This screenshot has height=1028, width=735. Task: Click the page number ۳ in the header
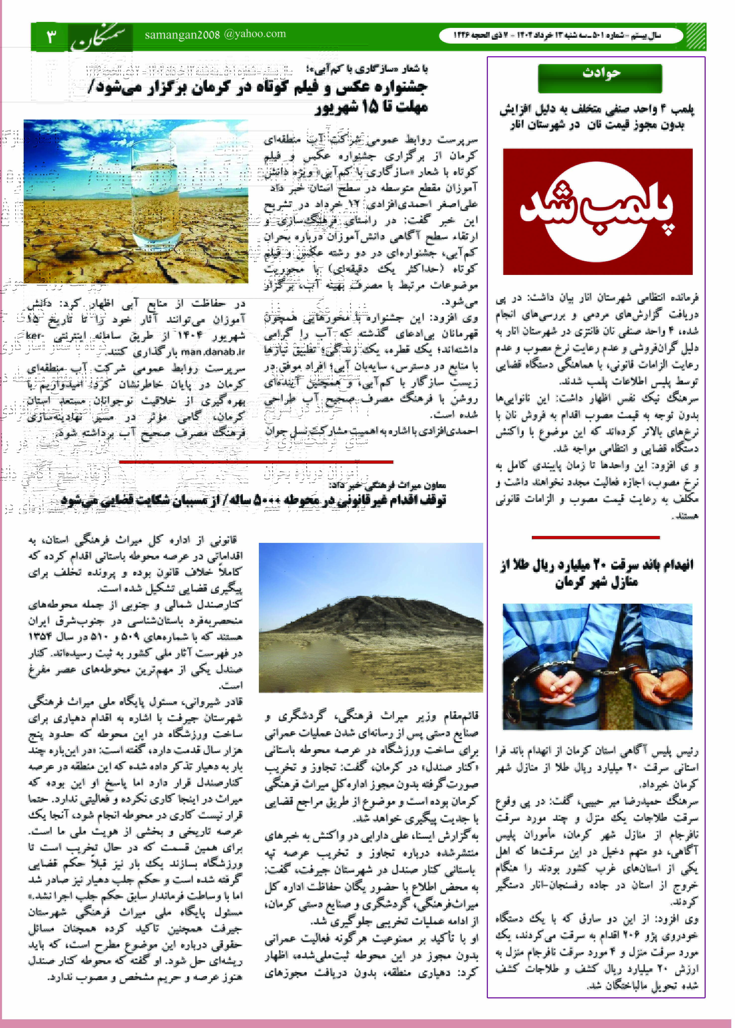click(51, 36)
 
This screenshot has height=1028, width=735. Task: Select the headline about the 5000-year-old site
click(253, 500)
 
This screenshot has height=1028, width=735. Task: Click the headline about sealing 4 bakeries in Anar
click(597, 117)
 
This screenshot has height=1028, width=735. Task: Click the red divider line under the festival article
click(256, 461)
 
